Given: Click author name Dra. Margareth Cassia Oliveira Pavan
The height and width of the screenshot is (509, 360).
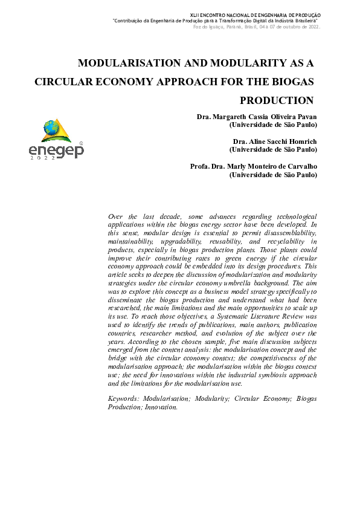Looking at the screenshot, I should [x=256, y=116].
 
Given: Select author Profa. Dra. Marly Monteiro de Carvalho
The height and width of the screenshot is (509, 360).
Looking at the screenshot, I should [x=253, y=166].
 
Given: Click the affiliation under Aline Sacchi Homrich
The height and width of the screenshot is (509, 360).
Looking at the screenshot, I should [x=272, y=149].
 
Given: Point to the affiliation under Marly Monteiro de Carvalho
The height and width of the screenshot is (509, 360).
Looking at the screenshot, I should [x=272, y=175].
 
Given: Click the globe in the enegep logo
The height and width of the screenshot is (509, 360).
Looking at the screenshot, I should [x=51, y=128].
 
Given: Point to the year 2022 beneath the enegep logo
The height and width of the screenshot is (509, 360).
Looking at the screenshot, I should [x=42, y=158].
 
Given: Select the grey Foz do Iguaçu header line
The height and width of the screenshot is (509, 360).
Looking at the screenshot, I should [x=256, y=27].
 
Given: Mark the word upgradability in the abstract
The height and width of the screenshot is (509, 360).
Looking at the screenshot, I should [x=178, y=241].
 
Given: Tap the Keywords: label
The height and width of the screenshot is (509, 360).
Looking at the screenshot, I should [x=124, y=399].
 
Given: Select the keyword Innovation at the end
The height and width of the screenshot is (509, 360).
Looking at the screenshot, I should [x=161, y=407].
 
